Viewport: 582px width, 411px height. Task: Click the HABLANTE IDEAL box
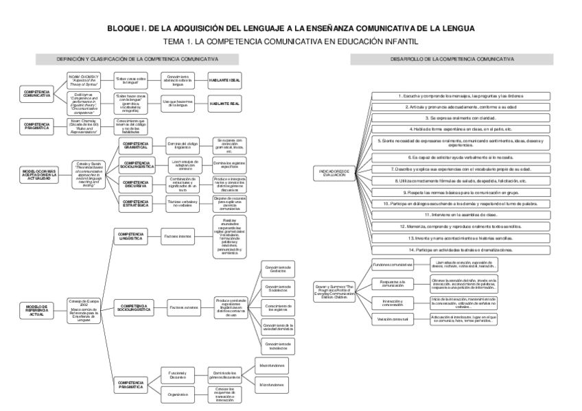coord(224,80)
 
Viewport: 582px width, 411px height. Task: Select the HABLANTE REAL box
coord(224,103)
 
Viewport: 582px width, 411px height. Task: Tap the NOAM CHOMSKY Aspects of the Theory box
coord(84,80)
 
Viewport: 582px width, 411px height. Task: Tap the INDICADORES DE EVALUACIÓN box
coord(336,173)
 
